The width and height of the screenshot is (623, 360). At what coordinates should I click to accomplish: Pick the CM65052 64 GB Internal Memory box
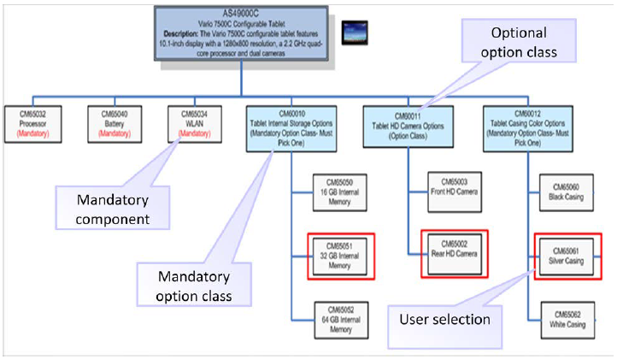click(338, 316)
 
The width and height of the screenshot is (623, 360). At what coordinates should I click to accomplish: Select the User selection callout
click(444, 319)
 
